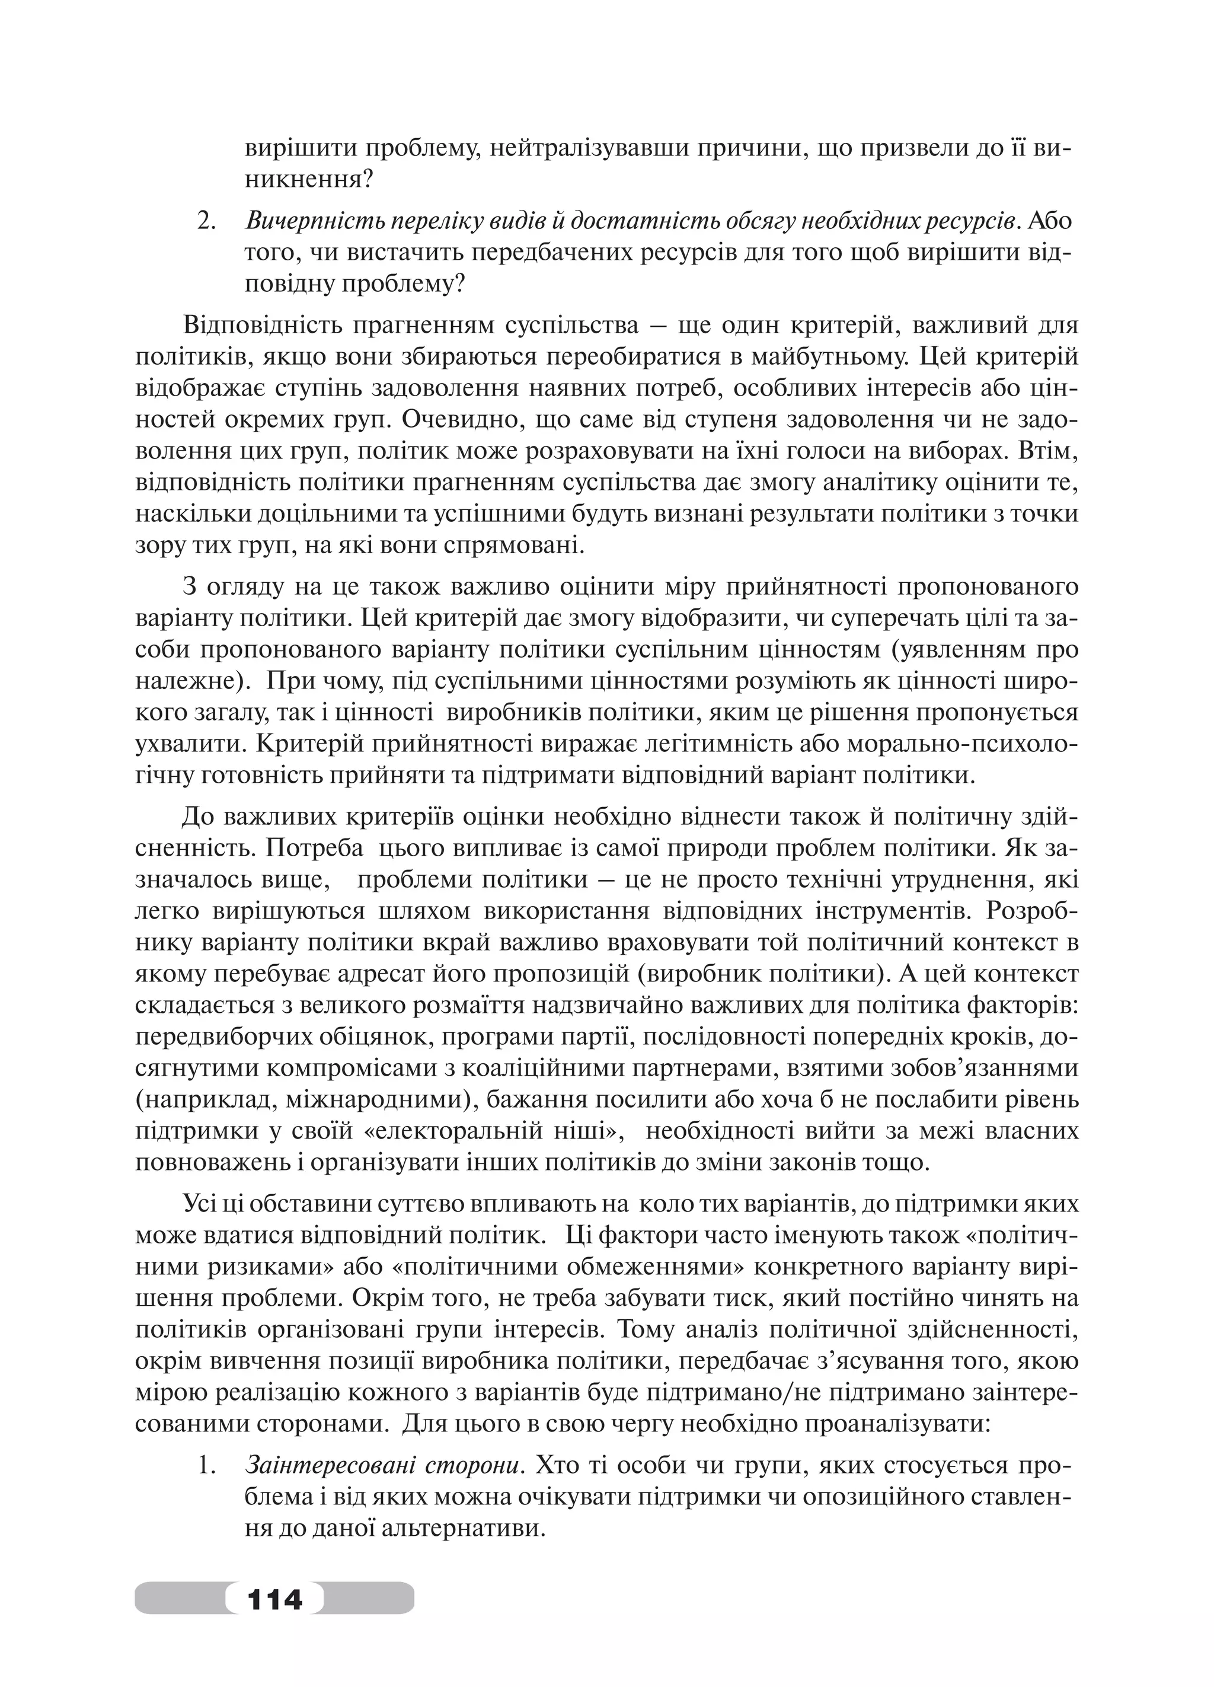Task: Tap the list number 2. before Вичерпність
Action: point(207,222)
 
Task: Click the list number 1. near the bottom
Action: point(207,1466)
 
